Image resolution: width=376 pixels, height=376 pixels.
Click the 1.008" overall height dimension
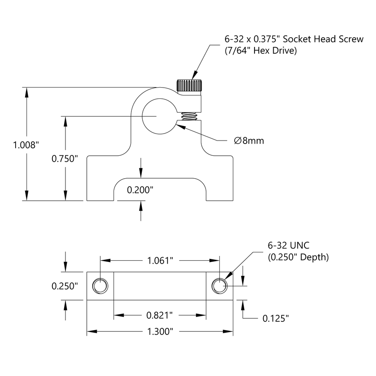click(26, 145)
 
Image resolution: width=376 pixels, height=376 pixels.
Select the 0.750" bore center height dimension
click(65, 158)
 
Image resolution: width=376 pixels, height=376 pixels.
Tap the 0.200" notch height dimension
click(140, 190)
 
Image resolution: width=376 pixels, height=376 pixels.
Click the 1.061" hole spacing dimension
click(160, 261)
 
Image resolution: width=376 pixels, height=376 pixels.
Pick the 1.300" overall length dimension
click(160, 332)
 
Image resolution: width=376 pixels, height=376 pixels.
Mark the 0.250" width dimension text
click(65, 286)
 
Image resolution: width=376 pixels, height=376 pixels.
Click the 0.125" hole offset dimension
click(275, 319)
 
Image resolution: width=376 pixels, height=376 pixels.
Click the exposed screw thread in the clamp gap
click(189, 116)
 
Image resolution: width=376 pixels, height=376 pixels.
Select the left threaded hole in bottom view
click(100, 286)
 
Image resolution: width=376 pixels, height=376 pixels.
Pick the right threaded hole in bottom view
click(219, 286)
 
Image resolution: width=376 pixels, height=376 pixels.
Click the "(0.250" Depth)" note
click(298, 257)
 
